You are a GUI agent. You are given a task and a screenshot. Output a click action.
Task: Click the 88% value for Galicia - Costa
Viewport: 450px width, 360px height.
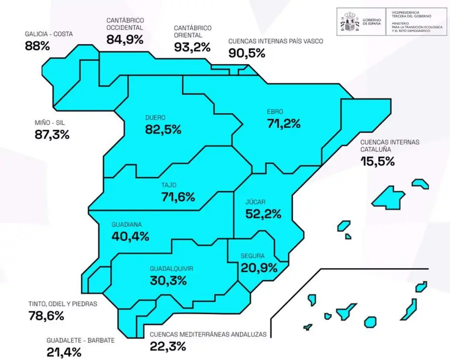(x=38, y=46)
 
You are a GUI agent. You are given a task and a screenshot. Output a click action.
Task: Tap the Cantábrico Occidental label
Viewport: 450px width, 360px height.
(x=125, y=24)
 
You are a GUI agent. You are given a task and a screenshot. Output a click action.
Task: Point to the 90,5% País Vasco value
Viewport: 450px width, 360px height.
(x=246, y=53)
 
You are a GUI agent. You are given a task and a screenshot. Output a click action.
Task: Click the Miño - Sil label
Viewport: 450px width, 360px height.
(x=50, y=121)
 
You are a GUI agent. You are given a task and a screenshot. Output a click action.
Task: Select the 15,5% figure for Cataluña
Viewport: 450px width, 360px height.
(x=378, y=161)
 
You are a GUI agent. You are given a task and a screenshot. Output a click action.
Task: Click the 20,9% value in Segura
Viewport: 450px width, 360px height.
(x=259, y=267)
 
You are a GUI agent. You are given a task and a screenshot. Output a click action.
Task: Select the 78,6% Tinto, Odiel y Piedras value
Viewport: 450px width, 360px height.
(x=45, y=316)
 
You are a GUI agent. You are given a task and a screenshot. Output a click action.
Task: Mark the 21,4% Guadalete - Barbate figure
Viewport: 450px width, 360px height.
(x=64, y=352)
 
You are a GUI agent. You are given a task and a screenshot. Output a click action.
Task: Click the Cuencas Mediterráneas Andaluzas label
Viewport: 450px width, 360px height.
(x=211, y=335)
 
